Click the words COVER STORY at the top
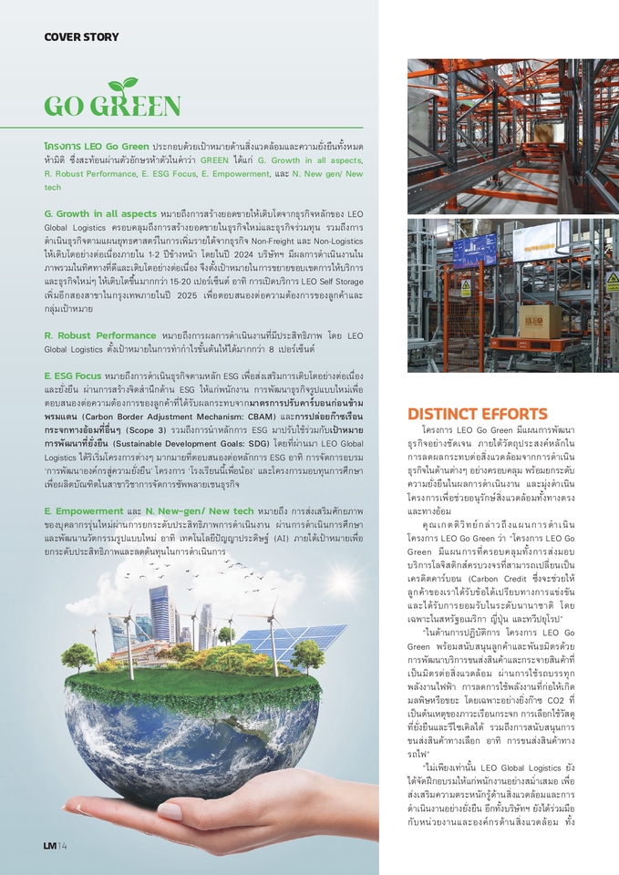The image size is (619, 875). coord(81,37)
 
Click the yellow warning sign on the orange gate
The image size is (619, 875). coord(467,289)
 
